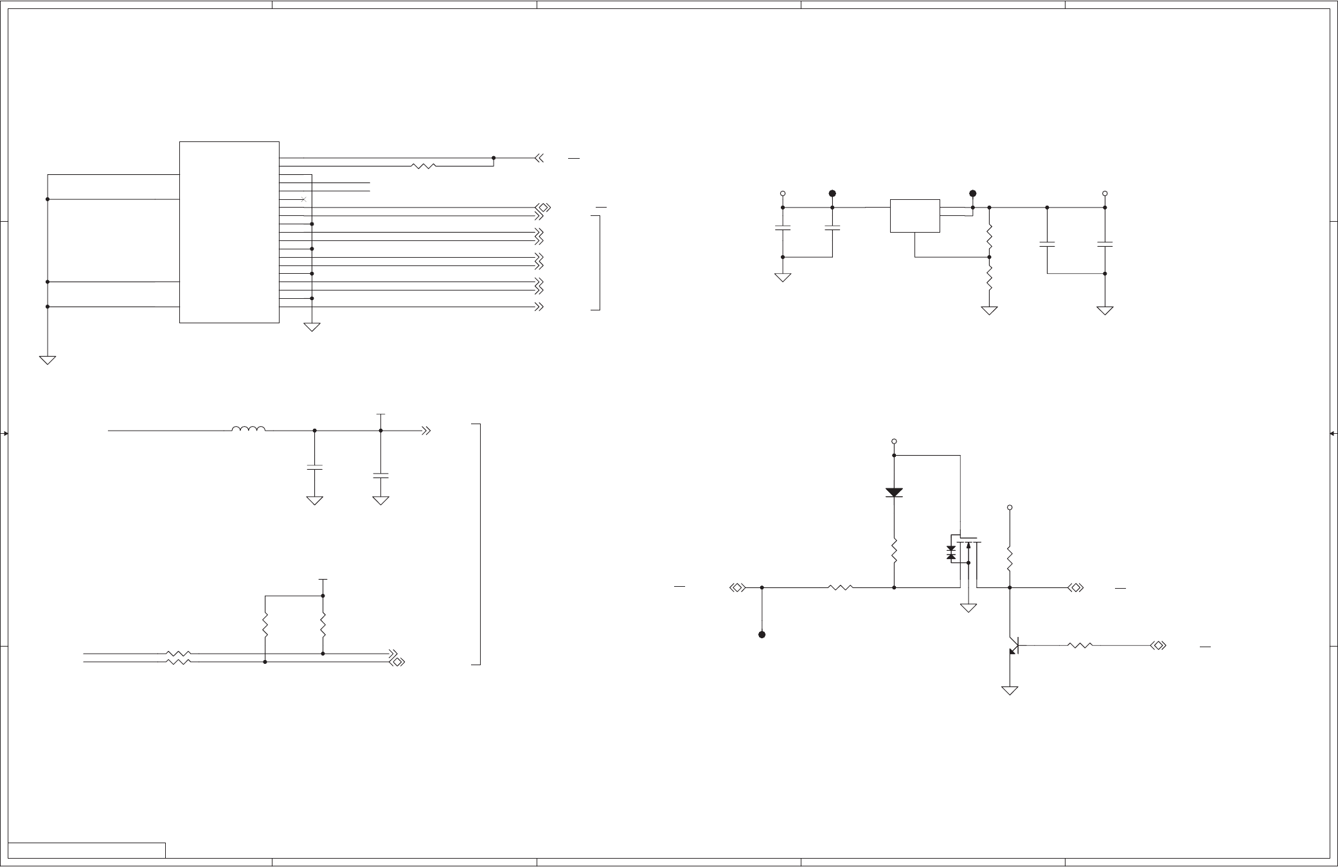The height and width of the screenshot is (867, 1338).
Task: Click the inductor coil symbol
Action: point(248,429)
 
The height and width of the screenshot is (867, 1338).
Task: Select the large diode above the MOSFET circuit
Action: point(894,492)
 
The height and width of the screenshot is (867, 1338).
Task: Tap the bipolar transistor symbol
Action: point(1013,645)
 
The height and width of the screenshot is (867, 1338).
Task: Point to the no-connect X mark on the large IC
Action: point(303,199)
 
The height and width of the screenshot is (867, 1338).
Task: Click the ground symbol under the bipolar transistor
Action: point(1010,691)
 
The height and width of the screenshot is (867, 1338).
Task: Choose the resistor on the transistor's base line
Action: point(1080,645)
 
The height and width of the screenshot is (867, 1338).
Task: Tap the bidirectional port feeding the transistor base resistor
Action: point(1159,645)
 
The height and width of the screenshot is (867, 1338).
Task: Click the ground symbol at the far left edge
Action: point(48,360)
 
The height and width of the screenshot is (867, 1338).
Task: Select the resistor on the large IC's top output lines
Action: point(424,166)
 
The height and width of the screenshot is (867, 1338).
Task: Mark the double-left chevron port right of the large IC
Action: point(540,157)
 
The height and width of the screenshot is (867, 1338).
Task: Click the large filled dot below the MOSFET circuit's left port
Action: point(762,634)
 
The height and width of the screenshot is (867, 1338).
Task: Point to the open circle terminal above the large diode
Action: point(894,442)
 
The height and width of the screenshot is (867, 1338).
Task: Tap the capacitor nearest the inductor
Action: point(314,468)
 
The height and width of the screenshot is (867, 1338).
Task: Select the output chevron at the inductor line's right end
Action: point(426,431)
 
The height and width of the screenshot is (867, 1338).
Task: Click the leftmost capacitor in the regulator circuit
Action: point(783,228)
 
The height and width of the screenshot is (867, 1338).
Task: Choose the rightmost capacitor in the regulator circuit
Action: point(1105,244)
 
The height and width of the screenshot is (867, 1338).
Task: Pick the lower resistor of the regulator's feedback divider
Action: point(989,280)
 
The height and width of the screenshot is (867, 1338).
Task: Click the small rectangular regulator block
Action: point(914,216)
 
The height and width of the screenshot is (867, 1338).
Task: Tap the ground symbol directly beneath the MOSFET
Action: point(968,607)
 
